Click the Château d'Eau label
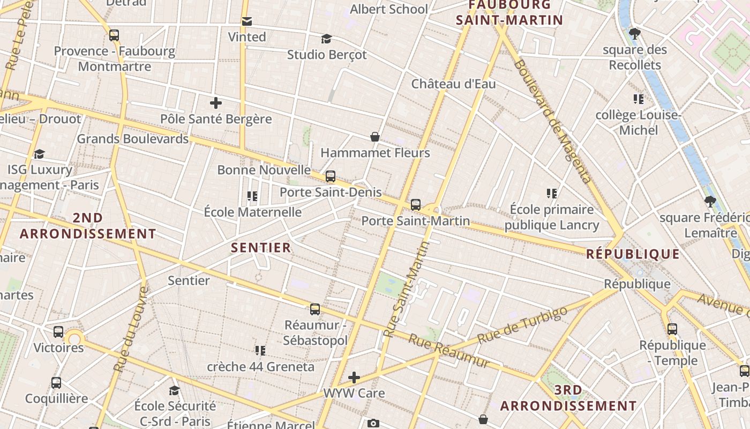click(x=453, y=84)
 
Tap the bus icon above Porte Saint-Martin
click(x=416, y=205)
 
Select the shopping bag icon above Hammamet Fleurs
click(x=375, y=137)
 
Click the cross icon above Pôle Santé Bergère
click(x=216, y=103)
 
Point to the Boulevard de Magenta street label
click(x=553, y=121)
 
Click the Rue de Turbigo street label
click(x=522, y=325)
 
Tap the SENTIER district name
click(x=261, y=248)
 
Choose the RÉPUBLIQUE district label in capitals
click(x=633, y=254)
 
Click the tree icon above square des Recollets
click(x=635, y=34)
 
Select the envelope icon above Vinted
click(x=247, y=21)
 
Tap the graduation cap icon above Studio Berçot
click(x=326, y=39)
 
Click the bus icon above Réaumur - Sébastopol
click(x=315, y=309)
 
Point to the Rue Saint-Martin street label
click(x=408, y=289)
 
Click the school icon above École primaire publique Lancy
click(x=552, y=194)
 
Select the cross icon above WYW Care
click(x=354, y=378)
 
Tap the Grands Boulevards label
click(x=133, y=139)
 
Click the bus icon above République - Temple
click(x=672, y=329)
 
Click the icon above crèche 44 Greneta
click(x=260, y=351)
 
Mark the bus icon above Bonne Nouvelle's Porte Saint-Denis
click(x=331, y=176)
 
